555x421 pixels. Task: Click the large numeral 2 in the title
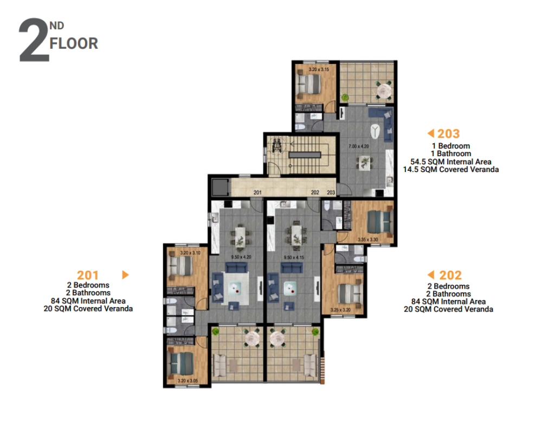click(34, 40)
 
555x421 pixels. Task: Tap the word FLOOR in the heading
click(74, 43)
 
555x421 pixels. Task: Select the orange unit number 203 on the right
click(448, 133)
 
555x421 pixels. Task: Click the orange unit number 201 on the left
click(88, 275)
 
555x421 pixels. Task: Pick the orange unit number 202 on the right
click(450, 275)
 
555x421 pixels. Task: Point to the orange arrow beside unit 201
click(125, 275)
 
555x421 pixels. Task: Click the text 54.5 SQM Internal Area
click(450, 162)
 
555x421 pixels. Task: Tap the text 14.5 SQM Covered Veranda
click(450, 169)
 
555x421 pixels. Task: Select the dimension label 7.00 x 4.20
click(359, 146)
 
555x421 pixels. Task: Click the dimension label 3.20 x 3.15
click(319, 69)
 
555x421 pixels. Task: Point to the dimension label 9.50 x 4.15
click(294, 257)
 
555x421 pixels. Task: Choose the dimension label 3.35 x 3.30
click(368, 240)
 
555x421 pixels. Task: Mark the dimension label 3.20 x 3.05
click(188, 381)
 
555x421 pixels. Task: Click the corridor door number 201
click(257, 193)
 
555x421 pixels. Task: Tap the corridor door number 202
click(315, 193)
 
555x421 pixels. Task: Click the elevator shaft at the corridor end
click(220, 187)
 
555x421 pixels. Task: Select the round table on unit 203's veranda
click(384, 91)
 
